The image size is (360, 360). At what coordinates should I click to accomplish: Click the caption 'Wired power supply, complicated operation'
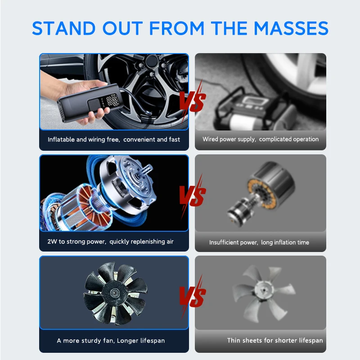260,139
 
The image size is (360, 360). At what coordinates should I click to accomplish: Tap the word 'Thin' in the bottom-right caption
235,341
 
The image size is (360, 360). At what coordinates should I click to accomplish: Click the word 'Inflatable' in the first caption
61,139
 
